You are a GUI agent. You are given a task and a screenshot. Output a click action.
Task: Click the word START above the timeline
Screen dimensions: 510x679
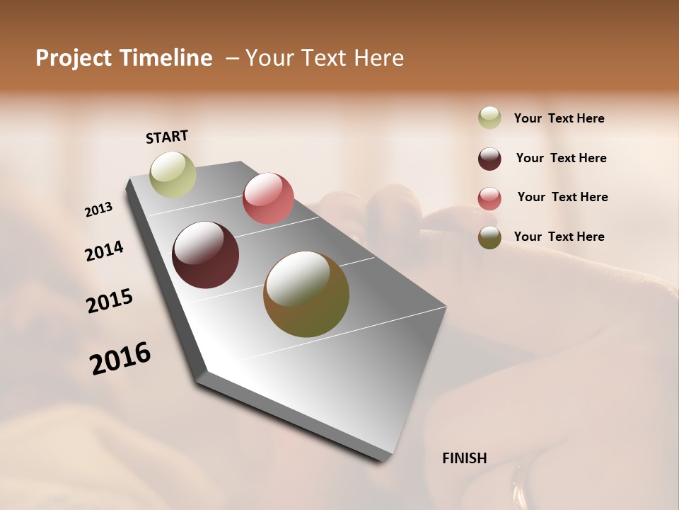[x=167, y=137]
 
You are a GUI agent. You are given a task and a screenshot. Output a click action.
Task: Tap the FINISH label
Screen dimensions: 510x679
[x=464, y=458]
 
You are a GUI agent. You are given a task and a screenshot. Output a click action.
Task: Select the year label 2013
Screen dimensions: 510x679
[x=99, y=210]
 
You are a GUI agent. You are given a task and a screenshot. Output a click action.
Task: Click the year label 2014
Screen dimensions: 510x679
[x=104, y=251]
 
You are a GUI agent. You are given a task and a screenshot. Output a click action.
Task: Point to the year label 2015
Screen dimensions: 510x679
[x=110, y=301]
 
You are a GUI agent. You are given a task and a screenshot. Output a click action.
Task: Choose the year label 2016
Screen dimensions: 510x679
[x=120, y=358]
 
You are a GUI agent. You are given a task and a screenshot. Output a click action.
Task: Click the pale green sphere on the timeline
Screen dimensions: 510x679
[x=173, y=175]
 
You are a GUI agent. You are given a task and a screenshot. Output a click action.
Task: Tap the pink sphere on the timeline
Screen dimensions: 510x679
[x=268, y=198]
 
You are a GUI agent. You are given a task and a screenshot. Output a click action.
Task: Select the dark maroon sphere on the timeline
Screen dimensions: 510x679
[x=205, y=255]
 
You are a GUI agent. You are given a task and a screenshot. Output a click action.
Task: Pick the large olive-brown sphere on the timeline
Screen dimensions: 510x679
[x=306, y=294]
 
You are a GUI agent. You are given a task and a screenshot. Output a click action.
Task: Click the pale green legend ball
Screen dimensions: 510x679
[x=489, y=118]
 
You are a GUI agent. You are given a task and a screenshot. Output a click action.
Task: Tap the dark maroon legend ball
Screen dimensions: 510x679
[x=489, y=159]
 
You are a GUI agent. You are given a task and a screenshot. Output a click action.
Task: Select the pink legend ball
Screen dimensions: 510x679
[x=489, y=198]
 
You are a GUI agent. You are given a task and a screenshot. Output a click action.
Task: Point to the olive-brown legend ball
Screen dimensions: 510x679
[x=489, y=237]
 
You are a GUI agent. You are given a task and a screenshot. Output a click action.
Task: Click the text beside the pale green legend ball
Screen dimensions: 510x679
[x=559, y=118]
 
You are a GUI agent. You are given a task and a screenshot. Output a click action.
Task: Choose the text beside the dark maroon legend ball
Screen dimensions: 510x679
[x=561, y=158]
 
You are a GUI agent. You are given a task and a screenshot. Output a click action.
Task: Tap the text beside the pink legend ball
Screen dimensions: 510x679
[x=562, y=197]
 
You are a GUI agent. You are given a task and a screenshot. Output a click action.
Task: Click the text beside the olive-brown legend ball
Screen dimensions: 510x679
[x=559, y=237]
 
